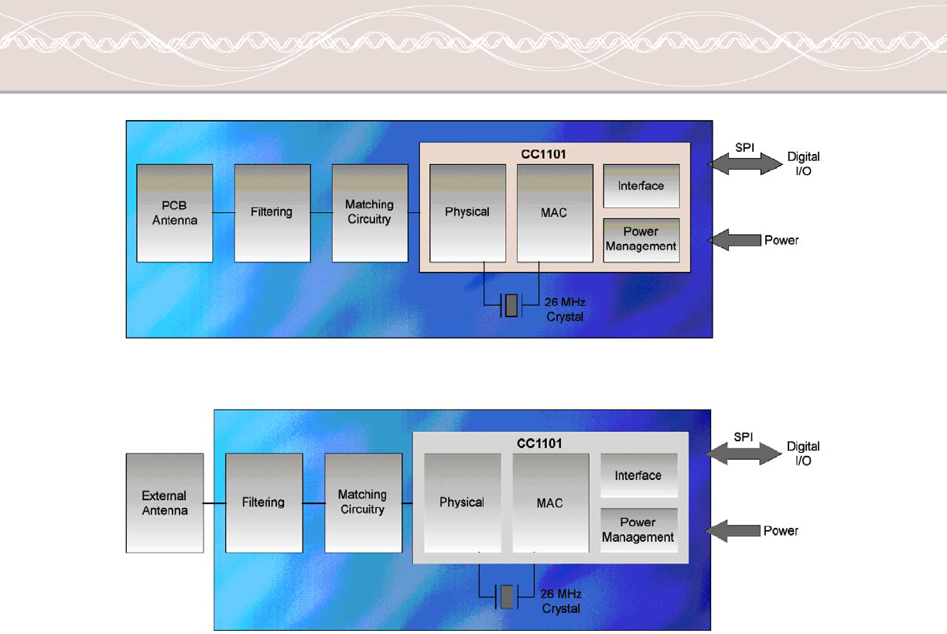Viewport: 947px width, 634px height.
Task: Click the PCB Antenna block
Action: click(175, 213)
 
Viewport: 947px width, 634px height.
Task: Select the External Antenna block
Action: click(165, 502)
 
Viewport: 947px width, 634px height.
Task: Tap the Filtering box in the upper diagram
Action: click(272, 213)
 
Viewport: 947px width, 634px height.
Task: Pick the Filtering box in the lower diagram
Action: click(264, 502)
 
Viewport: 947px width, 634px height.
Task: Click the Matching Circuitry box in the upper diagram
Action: click(370, 213)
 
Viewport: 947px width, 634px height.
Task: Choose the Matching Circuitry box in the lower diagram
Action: click(363, 502)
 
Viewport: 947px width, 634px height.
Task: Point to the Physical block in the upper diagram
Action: click(468, 213)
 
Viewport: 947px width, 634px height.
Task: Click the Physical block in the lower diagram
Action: click(463, 502)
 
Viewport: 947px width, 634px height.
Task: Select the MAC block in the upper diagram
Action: click(555, 213)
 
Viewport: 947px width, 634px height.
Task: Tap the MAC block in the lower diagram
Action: click(550, 502)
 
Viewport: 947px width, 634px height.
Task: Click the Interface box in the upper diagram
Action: click(641, 186)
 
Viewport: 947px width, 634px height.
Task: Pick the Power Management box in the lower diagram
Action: click(638, 530)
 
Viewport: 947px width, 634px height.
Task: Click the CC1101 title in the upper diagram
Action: click(545, 153)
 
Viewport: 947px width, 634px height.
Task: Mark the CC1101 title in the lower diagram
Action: click(539, 444)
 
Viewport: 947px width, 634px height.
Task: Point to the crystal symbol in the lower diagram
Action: click(508, 597)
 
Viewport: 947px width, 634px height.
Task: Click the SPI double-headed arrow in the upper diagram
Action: click(746, 163)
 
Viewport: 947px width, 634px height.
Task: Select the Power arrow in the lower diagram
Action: click(733, 531)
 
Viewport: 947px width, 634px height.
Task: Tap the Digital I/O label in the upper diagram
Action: click(804, 163)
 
